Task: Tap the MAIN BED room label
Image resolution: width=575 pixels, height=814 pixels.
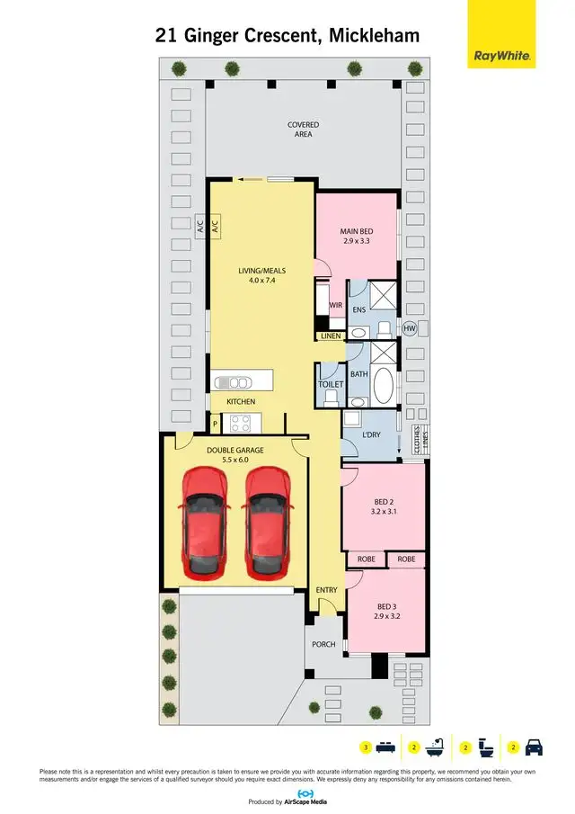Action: pos(357,231)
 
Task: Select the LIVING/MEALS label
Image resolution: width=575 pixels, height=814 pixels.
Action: pos(261,269)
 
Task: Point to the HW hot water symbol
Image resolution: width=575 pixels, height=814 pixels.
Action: pos(411,329)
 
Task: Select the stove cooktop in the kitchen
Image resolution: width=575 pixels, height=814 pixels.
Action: pos(241,423)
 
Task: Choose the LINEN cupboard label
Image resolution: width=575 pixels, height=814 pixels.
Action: pos(330,336)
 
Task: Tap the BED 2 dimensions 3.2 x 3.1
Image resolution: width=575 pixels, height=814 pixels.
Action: pos(385,511)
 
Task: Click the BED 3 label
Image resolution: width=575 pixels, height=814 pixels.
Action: pos(386,607)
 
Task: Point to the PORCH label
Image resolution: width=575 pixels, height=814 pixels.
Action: pos(323,644)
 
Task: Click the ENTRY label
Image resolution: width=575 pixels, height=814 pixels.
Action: pos(326,590)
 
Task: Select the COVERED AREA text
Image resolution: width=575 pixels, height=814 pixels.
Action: pos(304,130)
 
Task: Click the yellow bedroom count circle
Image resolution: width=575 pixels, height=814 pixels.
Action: pos(365,747)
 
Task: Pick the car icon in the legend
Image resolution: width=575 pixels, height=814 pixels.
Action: pos(534,747)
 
